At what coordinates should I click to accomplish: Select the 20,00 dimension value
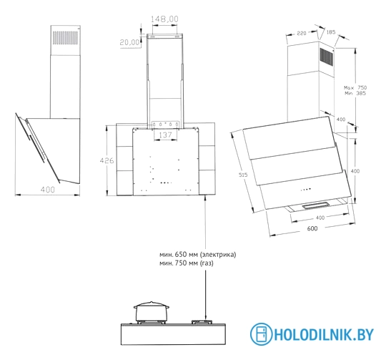(129, 42)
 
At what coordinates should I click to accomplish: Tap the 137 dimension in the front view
(165, 135)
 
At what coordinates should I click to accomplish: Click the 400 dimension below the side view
(48, 190)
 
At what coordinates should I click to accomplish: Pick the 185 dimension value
(330, 32)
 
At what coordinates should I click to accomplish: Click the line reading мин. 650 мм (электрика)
(197, 255)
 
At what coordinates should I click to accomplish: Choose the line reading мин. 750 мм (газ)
(187, 263)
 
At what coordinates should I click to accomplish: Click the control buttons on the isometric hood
(305, 190)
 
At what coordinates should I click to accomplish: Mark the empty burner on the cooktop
(206, 323)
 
